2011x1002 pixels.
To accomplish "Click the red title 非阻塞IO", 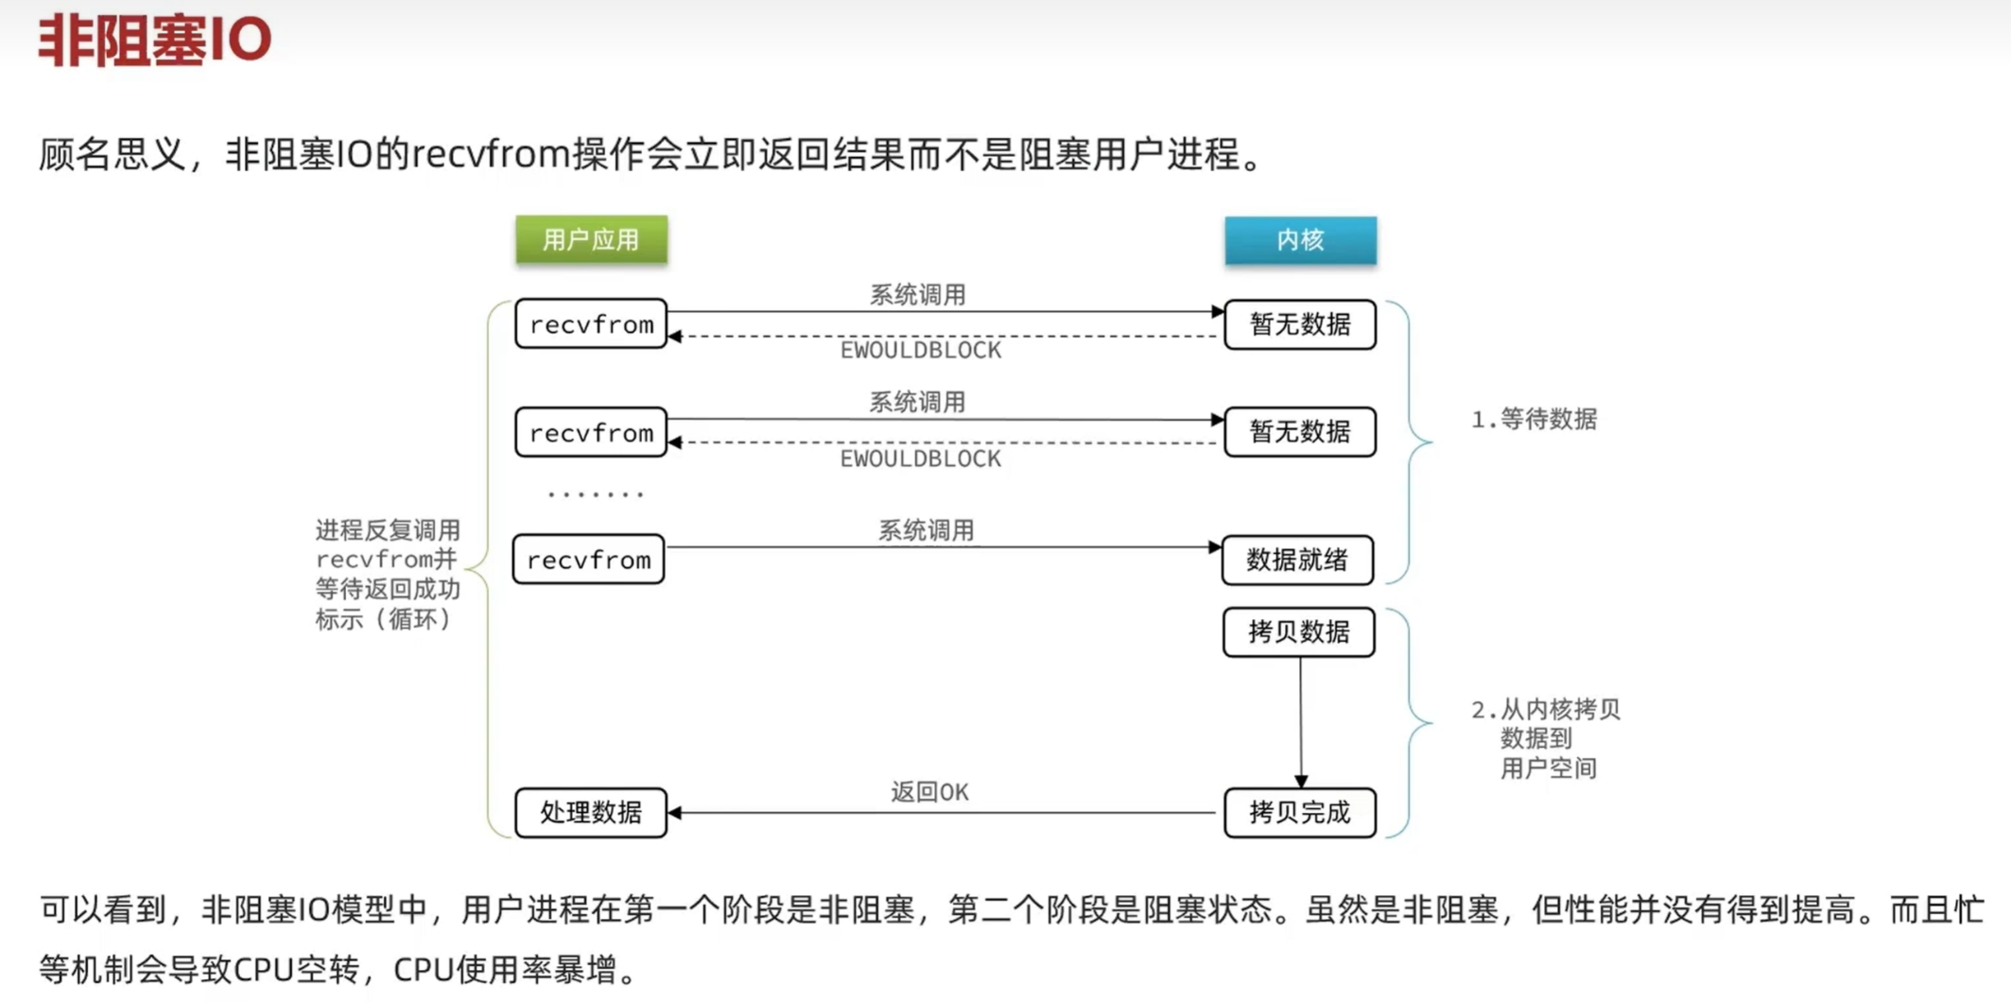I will click(154, 40).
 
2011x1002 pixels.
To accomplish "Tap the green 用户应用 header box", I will click(591, 240).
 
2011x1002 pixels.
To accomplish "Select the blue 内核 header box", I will click(1300, 240).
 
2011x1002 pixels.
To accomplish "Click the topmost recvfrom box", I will click(591, 324).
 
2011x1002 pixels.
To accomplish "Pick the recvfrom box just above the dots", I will click(591, 432).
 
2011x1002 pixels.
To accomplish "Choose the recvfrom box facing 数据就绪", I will click(589, 560).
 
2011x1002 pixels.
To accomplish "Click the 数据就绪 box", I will click(1297, 560).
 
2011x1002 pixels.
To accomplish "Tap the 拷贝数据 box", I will click(1298, 631).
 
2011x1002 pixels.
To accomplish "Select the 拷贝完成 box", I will click(1299, 812).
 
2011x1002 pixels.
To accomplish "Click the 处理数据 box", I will click(591, 812).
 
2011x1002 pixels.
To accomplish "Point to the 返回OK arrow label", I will click(929, 792).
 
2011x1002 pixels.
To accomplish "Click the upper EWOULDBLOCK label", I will click(920, 351).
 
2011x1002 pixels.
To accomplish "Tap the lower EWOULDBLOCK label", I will click(920, 459).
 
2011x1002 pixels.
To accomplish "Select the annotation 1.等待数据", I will click(1534, 419).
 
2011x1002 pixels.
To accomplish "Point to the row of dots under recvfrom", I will click(596, 493).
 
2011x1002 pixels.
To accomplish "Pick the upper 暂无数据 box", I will click(1300, 324).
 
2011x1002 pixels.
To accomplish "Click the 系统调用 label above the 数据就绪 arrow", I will click(926, 530).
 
